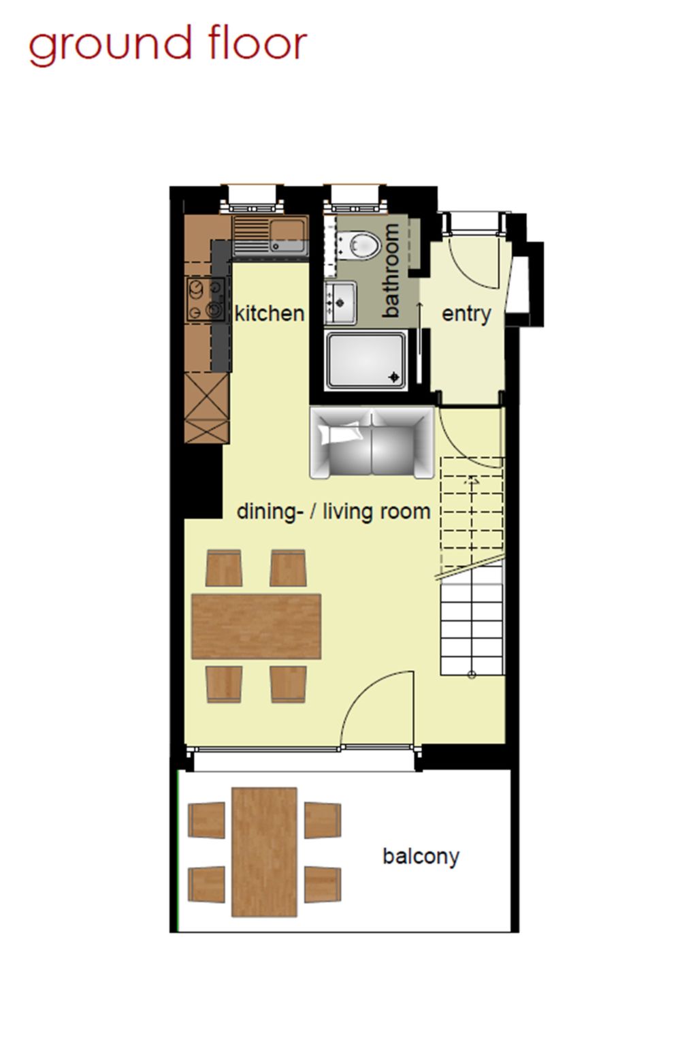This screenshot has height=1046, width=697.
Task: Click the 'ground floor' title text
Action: (168, 46)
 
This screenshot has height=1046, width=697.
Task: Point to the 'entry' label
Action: (466, 314)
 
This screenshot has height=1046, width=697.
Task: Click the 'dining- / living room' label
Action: (334, 512)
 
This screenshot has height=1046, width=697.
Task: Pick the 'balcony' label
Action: (421, 857)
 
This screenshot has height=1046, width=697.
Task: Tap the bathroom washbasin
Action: (340, 302)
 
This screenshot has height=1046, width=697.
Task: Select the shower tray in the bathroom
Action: (366, 360)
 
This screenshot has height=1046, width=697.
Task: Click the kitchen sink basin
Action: (287, 236)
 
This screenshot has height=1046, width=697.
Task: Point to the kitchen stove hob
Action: (206, 299)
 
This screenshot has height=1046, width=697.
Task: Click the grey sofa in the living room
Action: (372, 443)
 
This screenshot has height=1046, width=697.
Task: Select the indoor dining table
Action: (257, 627)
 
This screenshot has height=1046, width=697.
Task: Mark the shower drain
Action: (394, 377)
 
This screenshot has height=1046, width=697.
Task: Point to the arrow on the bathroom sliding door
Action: (420, 328)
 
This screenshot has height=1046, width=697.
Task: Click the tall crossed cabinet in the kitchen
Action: (207, 408)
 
